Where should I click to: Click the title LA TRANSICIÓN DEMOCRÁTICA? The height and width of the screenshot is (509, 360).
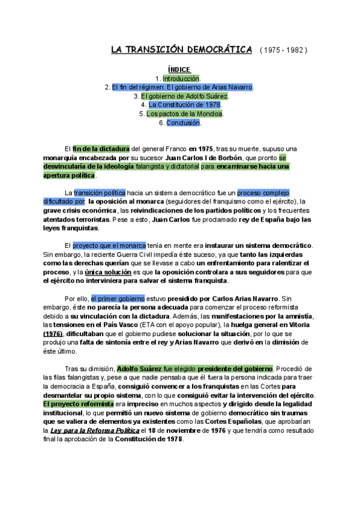pyautogui.click(x=182, y=50)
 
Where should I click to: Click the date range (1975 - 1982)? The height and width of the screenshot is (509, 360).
pyautogui.click(x=283, y=50)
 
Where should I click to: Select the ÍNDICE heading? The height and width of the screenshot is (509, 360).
pyautogui.click(x=179, y=70)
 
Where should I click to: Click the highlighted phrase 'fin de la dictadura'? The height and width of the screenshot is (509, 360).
pyautogui.click(x=101, y=149)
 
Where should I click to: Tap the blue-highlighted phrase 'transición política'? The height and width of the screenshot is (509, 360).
pyautogui.click(x=100, y=193)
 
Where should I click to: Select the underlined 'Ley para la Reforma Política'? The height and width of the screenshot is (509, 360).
pyautogui.click(x=100, y=430)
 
